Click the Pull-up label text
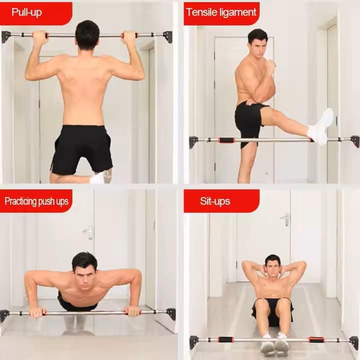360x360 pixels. tap(26, 12)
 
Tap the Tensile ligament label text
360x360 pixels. tap(221, 12)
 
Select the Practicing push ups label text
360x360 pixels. tap(36, 201)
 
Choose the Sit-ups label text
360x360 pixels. tap(215, 201)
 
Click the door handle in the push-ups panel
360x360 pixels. tap(88, 232)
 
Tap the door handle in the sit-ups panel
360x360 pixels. tap(285, 219)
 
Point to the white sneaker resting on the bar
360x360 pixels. tap(321, 126)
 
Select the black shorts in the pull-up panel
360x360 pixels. tap(81, 149)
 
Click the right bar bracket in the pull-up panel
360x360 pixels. tap(167, 36)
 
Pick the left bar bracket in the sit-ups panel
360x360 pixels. tap(193, 342)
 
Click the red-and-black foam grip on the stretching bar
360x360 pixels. tap(226, 140)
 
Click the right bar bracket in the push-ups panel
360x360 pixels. tap(171, 314)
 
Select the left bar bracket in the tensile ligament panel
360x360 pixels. tap(193, 142)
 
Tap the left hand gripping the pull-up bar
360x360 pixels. tap(40, 37)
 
